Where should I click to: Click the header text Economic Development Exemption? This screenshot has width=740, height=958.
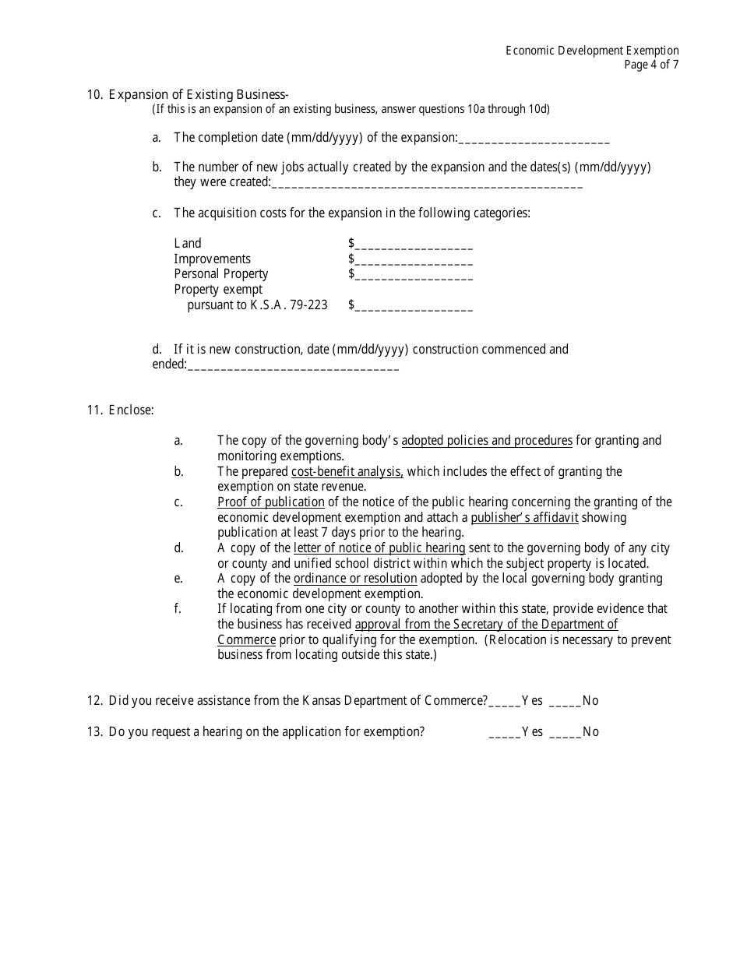(x=592, y=51)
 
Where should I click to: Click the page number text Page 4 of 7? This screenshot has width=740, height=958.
(x=651, y=65)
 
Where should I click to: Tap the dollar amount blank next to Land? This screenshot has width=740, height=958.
(x=414, y=245)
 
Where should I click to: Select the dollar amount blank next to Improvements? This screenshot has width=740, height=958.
(x=414, y=260)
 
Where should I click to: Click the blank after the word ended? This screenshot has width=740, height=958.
(x=293, y=365)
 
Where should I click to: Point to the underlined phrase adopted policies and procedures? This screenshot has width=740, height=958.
(x=487, y=441)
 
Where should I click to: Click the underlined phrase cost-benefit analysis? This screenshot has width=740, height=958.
(x=347, y=472)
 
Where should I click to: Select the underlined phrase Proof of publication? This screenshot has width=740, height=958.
(x=271, y=502)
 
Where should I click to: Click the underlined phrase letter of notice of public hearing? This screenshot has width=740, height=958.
(x=379, y=548)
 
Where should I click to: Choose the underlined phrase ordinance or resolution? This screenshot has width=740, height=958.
(x=355, y=579)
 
